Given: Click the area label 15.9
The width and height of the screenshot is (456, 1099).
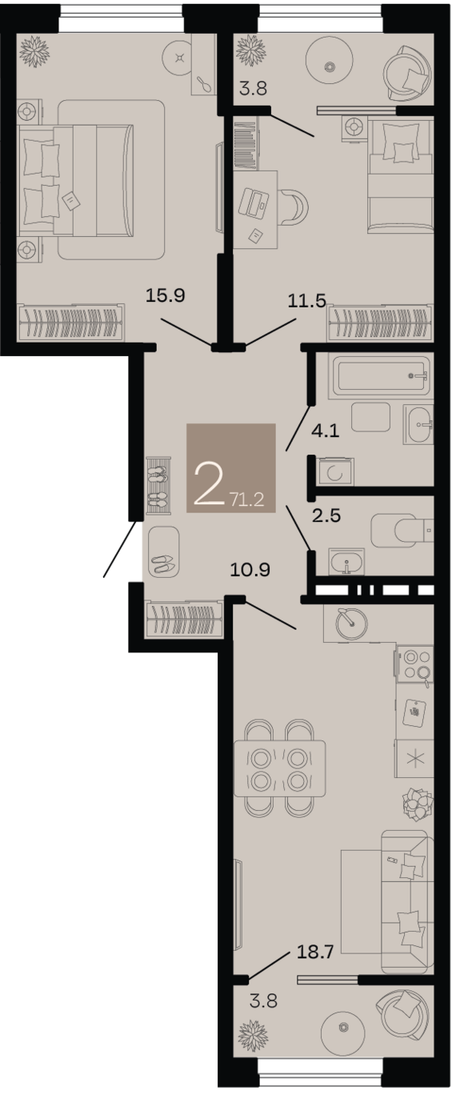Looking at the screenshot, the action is [166, 296].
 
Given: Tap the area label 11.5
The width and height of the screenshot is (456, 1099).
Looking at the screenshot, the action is [307, 301].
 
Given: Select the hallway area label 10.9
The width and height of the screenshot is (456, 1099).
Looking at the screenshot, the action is [250, 570].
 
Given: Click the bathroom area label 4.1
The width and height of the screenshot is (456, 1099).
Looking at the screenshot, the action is [326, 431].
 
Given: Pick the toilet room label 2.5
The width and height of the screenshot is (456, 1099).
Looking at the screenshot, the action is [326, 515].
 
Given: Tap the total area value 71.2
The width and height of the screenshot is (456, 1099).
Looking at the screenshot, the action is [246, 499].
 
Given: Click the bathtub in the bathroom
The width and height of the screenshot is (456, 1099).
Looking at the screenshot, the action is [381, 376].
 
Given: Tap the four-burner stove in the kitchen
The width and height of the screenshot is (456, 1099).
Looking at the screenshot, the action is [414, 664].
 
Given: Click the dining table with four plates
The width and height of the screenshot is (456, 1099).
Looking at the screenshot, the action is [280, 768].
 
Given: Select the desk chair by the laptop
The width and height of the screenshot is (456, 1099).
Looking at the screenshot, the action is [294, 207].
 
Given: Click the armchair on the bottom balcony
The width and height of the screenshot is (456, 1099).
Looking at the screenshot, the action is [405, 1015].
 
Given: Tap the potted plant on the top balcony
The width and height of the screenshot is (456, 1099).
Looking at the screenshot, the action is [251, 50].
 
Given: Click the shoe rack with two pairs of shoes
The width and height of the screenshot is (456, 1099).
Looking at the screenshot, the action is [159, 485].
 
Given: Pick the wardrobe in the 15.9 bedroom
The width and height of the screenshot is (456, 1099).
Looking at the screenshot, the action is [70, 323].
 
